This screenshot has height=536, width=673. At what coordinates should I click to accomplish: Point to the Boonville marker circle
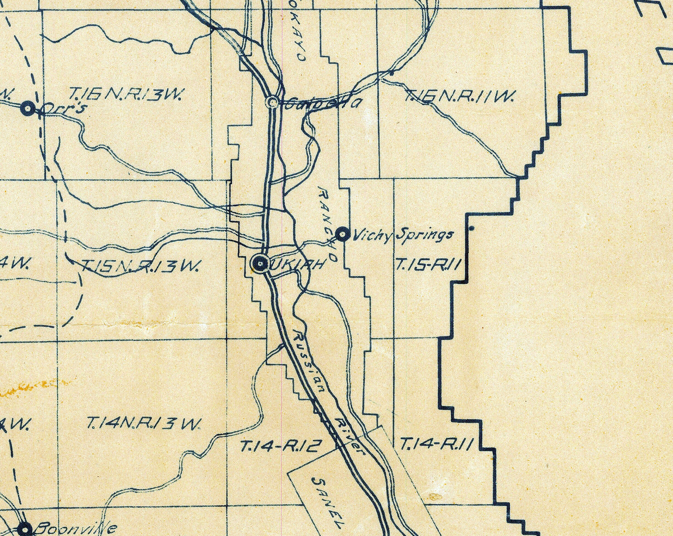point(25,529)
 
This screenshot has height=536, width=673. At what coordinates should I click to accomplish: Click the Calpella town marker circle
point(272,102)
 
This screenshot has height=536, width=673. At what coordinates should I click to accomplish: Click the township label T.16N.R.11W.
point(459,96)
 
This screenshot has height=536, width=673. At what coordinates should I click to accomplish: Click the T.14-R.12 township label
point(281,446)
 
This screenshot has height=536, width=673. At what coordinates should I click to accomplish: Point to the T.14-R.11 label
point(436,444)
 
